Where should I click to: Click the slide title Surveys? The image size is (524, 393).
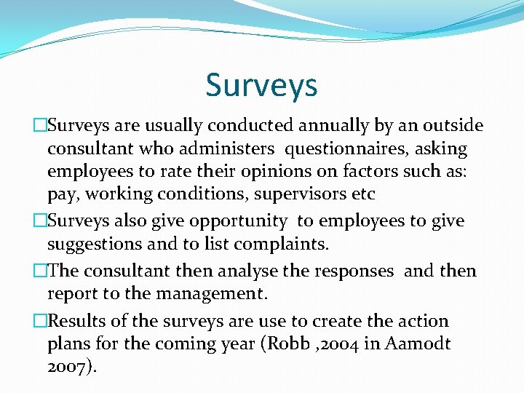[x=261, y=85]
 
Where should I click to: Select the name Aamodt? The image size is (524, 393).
[x=420, y=344]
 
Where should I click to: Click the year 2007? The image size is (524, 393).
[x=67, y=367]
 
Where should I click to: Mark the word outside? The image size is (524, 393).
[x=454, y=126]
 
